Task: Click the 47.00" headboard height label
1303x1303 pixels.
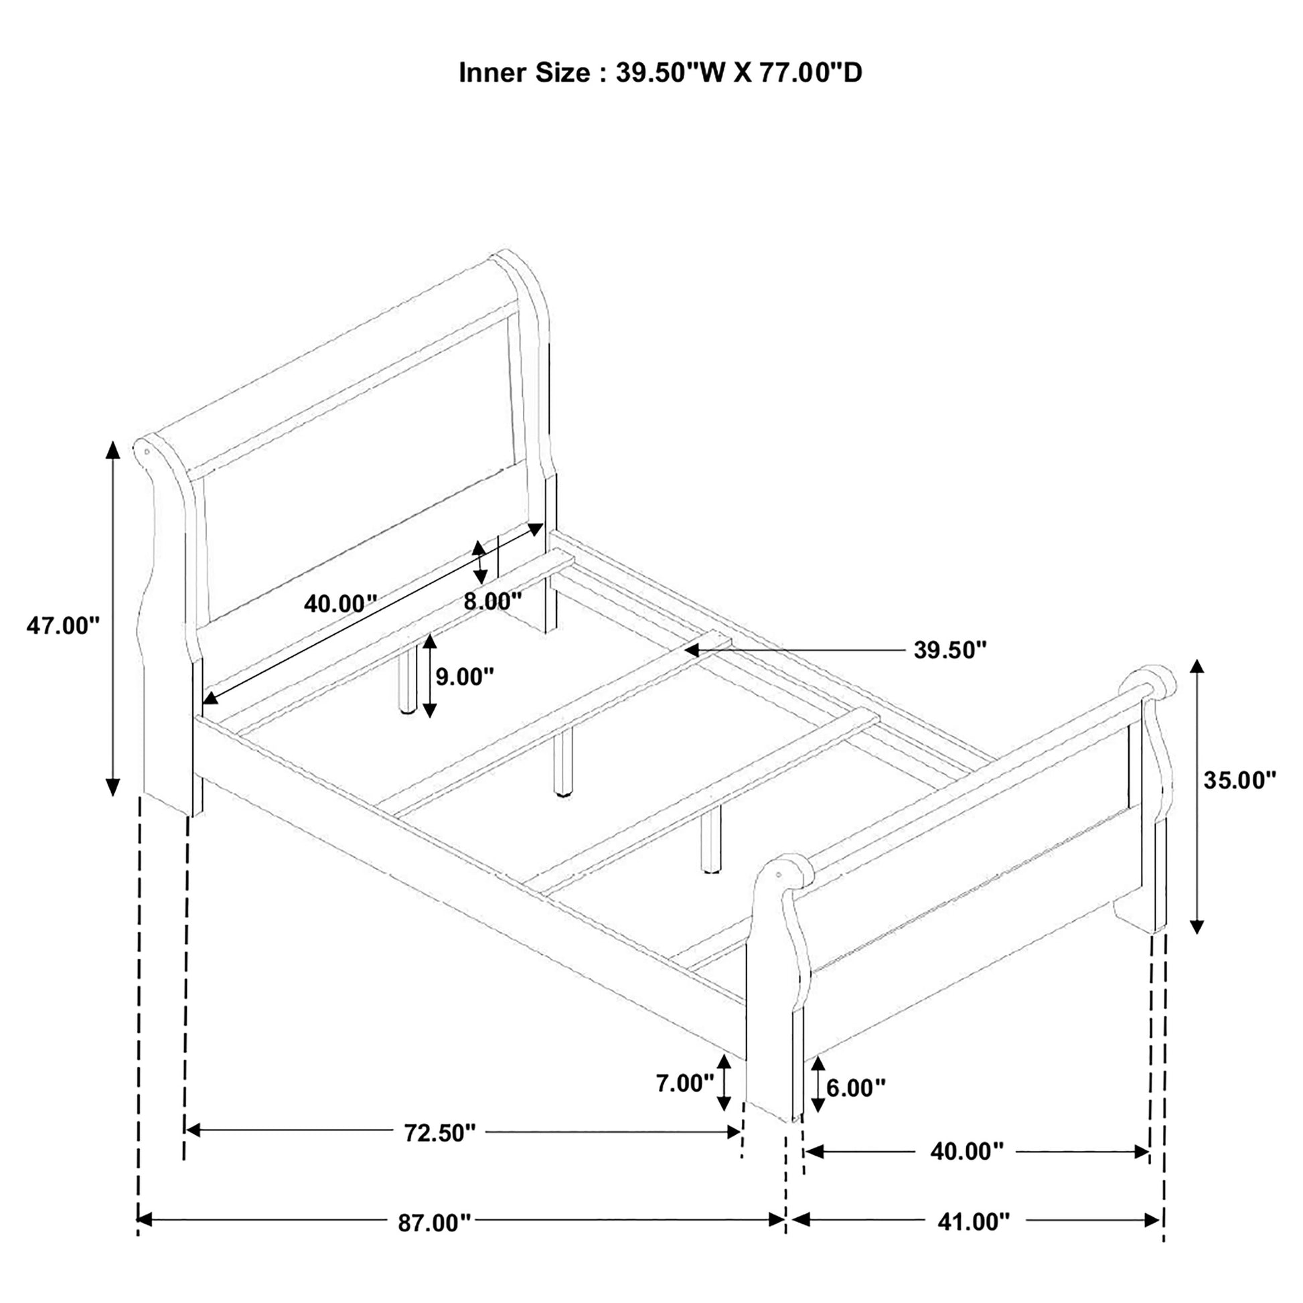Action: pyautogui.click(x=63, y=626)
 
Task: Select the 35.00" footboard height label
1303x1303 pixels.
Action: pyautogui.click(x=1239, y=780)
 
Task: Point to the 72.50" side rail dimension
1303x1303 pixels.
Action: pyautogui.click(x=440, y=1132)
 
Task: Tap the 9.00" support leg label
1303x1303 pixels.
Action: pyautogui.click(x=465, y=676)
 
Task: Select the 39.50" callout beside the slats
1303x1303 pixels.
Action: pyautogui.click(x=950, y=650)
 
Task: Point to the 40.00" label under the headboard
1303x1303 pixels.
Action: pyautogui.click(x=339, y=603)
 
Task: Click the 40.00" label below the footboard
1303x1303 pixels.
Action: pyautogui.click(x=966, y=1151)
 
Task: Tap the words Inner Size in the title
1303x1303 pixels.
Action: pyautogui.click(x=524, y=73)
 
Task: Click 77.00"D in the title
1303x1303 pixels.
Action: pyautogui.click(x=811, y=73)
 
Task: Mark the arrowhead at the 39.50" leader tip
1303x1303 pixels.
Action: pyautogui.click(x=689, y=650)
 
